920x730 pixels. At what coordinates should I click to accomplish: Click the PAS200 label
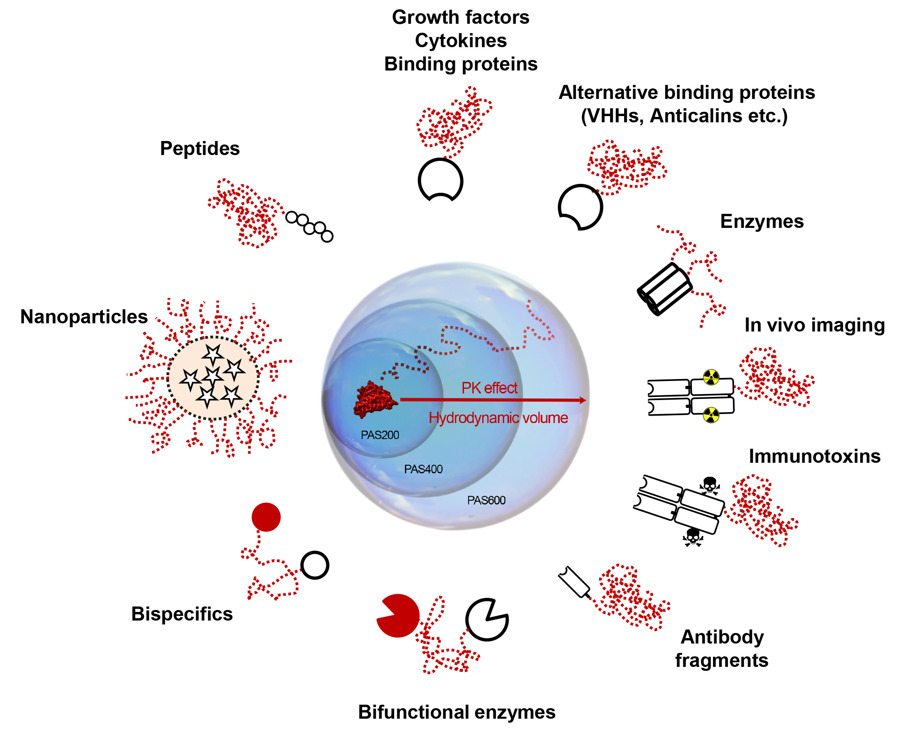pos(379,435)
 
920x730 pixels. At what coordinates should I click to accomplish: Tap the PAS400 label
pos(423,469)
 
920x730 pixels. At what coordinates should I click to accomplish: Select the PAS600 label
pos(486,500)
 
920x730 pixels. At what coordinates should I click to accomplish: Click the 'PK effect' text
pos(489,388)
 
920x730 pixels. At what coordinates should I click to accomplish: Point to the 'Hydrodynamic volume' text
pos(498,418)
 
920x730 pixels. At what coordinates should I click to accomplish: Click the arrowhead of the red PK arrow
pos(582,400)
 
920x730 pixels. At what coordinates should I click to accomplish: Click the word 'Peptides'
pos(200,149)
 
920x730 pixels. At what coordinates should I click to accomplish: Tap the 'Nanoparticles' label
pos(84,317)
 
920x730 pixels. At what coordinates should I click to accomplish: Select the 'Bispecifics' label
pos(182,614)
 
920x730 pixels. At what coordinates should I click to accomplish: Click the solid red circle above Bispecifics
pos(266,517)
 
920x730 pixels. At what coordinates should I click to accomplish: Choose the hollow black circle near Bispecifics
pos(315,565)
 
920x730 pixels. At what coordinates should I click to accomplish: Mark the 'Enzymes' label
pos(762,221)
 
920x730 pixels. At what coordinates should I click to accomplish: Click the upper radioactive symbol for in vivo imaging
pos(711,377)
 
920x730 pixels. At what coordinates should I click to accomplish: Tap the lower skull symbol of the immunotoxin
pos(693,537)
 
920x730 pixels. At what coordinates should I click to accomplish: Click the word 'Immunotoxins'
pos(815,456)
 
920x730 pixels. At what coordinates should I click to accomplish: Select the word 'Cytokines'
pos(461,41)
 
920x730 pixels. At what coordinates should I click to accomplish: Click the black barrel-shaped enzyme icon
pos(664,289)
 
